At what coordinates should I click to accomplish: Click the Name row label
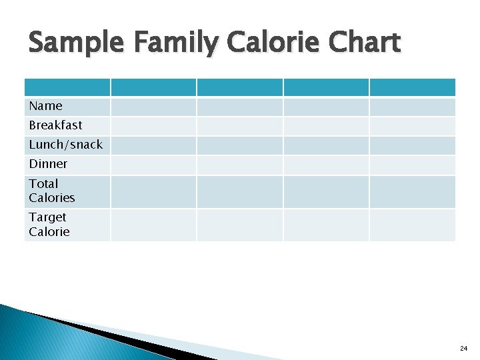tap(45, 106)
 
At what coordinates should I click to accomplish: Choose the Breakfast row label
tap(55, 125)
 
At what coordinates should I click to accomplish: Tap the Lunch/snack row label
tap(65, 145)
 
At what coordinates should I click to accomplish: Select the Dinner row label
tap(48, 164)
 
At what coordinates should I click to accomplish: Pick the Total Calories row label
tap(51, 191)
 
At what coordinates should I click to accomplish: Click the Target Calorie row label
tap(49, 225)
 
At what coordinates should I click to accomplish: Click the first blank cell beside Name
tap(153, 107)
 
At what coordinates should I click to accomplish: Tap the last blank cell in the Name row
tap(412, 107)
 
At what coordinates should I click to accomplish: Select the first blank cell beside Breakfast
tap(153, 126)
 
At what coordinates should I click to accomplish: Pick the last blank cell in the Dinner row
tap(412, 165)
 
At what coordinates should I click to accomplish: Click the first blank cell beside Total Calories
tap(153, 191)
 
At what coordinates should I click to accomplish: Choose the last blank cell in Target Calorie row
tap(412, 225)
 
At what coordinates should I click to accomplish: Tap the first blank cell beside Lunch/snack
tap(153, 145)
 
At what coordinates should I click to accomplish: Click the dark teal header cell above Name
tap(67, 87)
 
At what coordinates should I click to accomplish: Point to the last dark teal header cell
tap(412, 87)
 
